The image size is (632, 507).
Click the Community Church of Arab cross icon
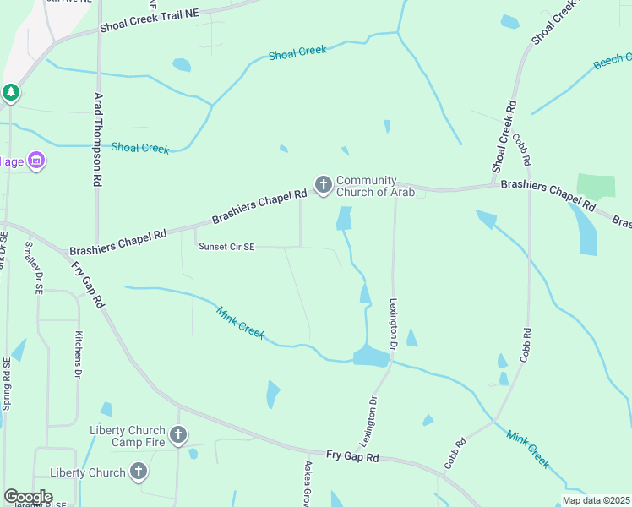[x=323, y=185]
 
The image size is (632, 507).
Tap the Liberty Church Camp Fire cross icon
[x=177, y=436]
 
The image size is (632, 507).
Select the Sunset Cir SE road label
[x=226, y=247]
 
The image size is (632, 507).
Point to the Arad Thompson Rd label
[x=98, y=139]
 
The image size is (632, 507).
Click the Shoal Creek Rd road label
[x=504, y=138]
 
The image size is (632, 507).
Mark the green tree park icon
[x=10, y=92]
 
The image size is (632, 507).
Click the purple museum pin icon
[x=35, y=160]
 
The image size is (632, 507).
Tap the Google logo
[x=28, y=497]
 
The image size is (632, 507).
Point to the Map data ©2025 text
[x=597, y=500]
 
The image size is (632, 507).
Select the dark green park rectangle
[x=597, y=187]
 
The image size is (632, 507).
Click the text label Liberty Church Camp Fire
[x=128, y=436]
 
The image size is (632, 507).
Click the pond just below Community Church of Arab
[x=344, y=218]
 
